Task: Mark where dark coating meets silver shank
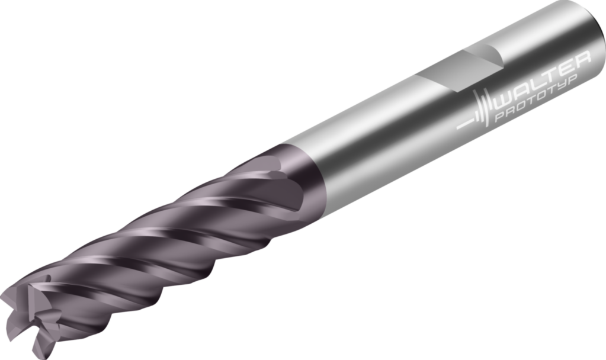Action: (x=302, y=172)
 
